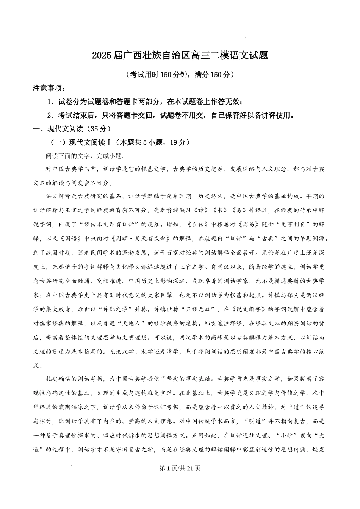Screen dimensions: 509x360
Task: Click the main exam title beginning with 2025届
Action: (x=180, y=56)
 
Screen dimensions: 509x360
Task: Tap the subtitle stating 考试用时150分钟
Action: (x=180, y=75)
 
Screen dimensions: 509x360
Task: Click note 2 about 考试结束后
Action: (x=171, y=115)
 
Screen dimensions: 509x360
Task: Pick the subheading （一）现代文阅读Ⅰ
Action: (x=120, y=142)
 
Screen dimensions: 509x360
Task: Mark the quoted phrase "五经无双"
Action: (x=196, y=309)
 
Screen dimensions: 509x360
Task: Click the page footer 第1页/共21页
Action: (x=180, y=468)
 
